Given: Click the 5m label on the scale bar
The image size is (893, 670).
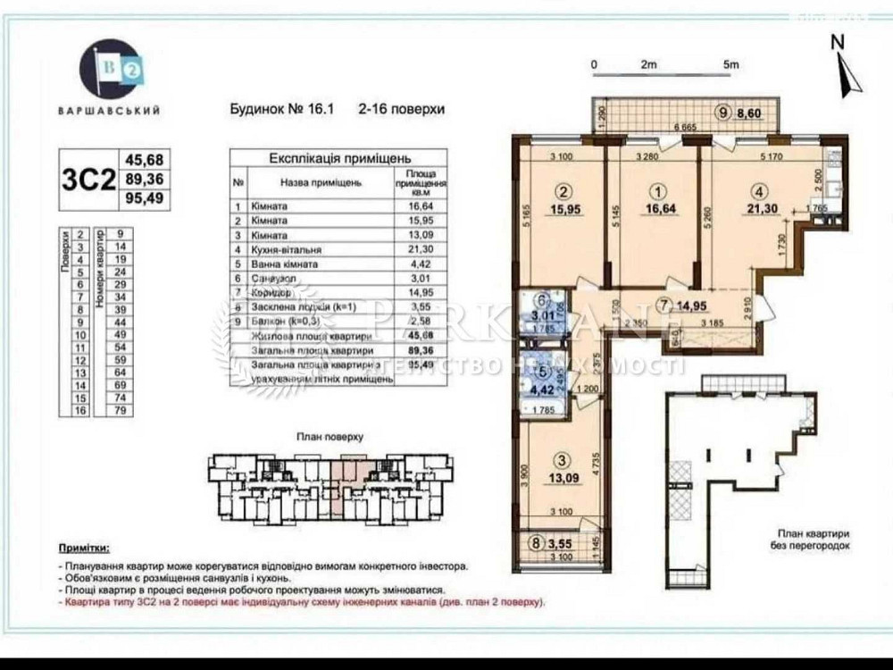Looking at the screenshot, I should [731, 64].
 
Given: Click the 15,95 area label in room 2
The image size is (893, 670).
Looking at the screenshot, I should [563, 209].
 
